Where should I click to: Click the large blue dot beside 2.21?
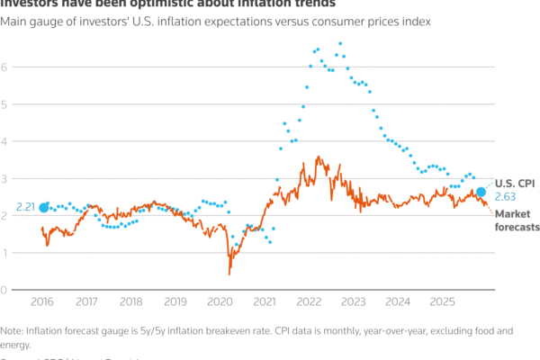point(44,208)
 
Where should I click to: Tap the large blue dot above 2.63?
point(481,192)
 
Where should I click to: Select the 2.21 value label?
point(25,208)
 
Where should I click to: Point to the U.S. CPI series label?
point(515,182)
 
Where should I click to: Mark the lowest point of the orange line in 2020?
point(229,274)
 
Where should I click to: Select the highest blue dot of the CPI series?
point(340,43)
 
